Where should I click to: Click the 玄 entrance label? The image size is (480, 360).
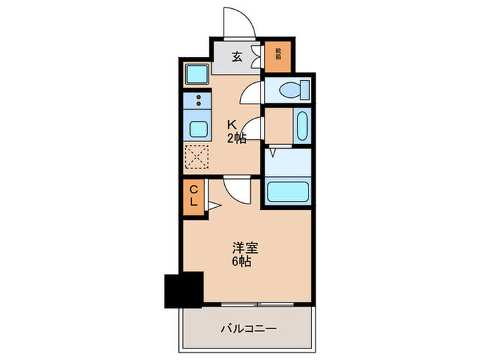[237, 58]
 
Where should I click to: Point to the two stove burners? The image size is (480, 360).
[199, 101]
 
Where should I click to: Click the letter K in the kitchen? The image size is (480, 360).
[232, 125]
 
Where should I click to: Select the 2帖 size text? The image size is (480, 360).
[237, 139]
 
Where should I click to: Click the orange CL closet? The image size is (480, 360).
[193, 197]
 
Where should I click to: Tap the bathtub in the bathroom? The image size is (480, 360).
[289, 191]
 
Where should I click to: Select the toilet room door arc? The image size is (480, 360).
[253, 92]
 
